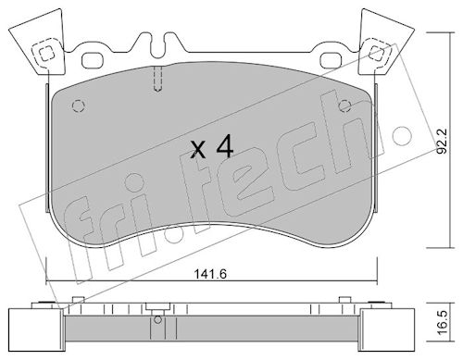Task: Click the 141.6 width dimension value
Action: [210, 274]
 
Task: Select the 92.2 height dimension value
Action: [443, 142]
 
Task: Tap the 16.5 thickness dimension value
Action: [443, 323]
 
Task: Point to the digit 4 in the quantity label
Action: [225, 147]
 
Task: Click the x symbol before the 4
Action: [198, 150]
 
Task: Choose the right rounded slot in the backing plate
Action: [332, 60]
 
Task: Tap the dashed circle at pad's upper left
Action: [79, 106]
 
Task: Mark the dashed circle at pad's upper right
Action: [344, 106]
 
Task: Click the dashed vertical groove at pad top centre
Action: [157, 80]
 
